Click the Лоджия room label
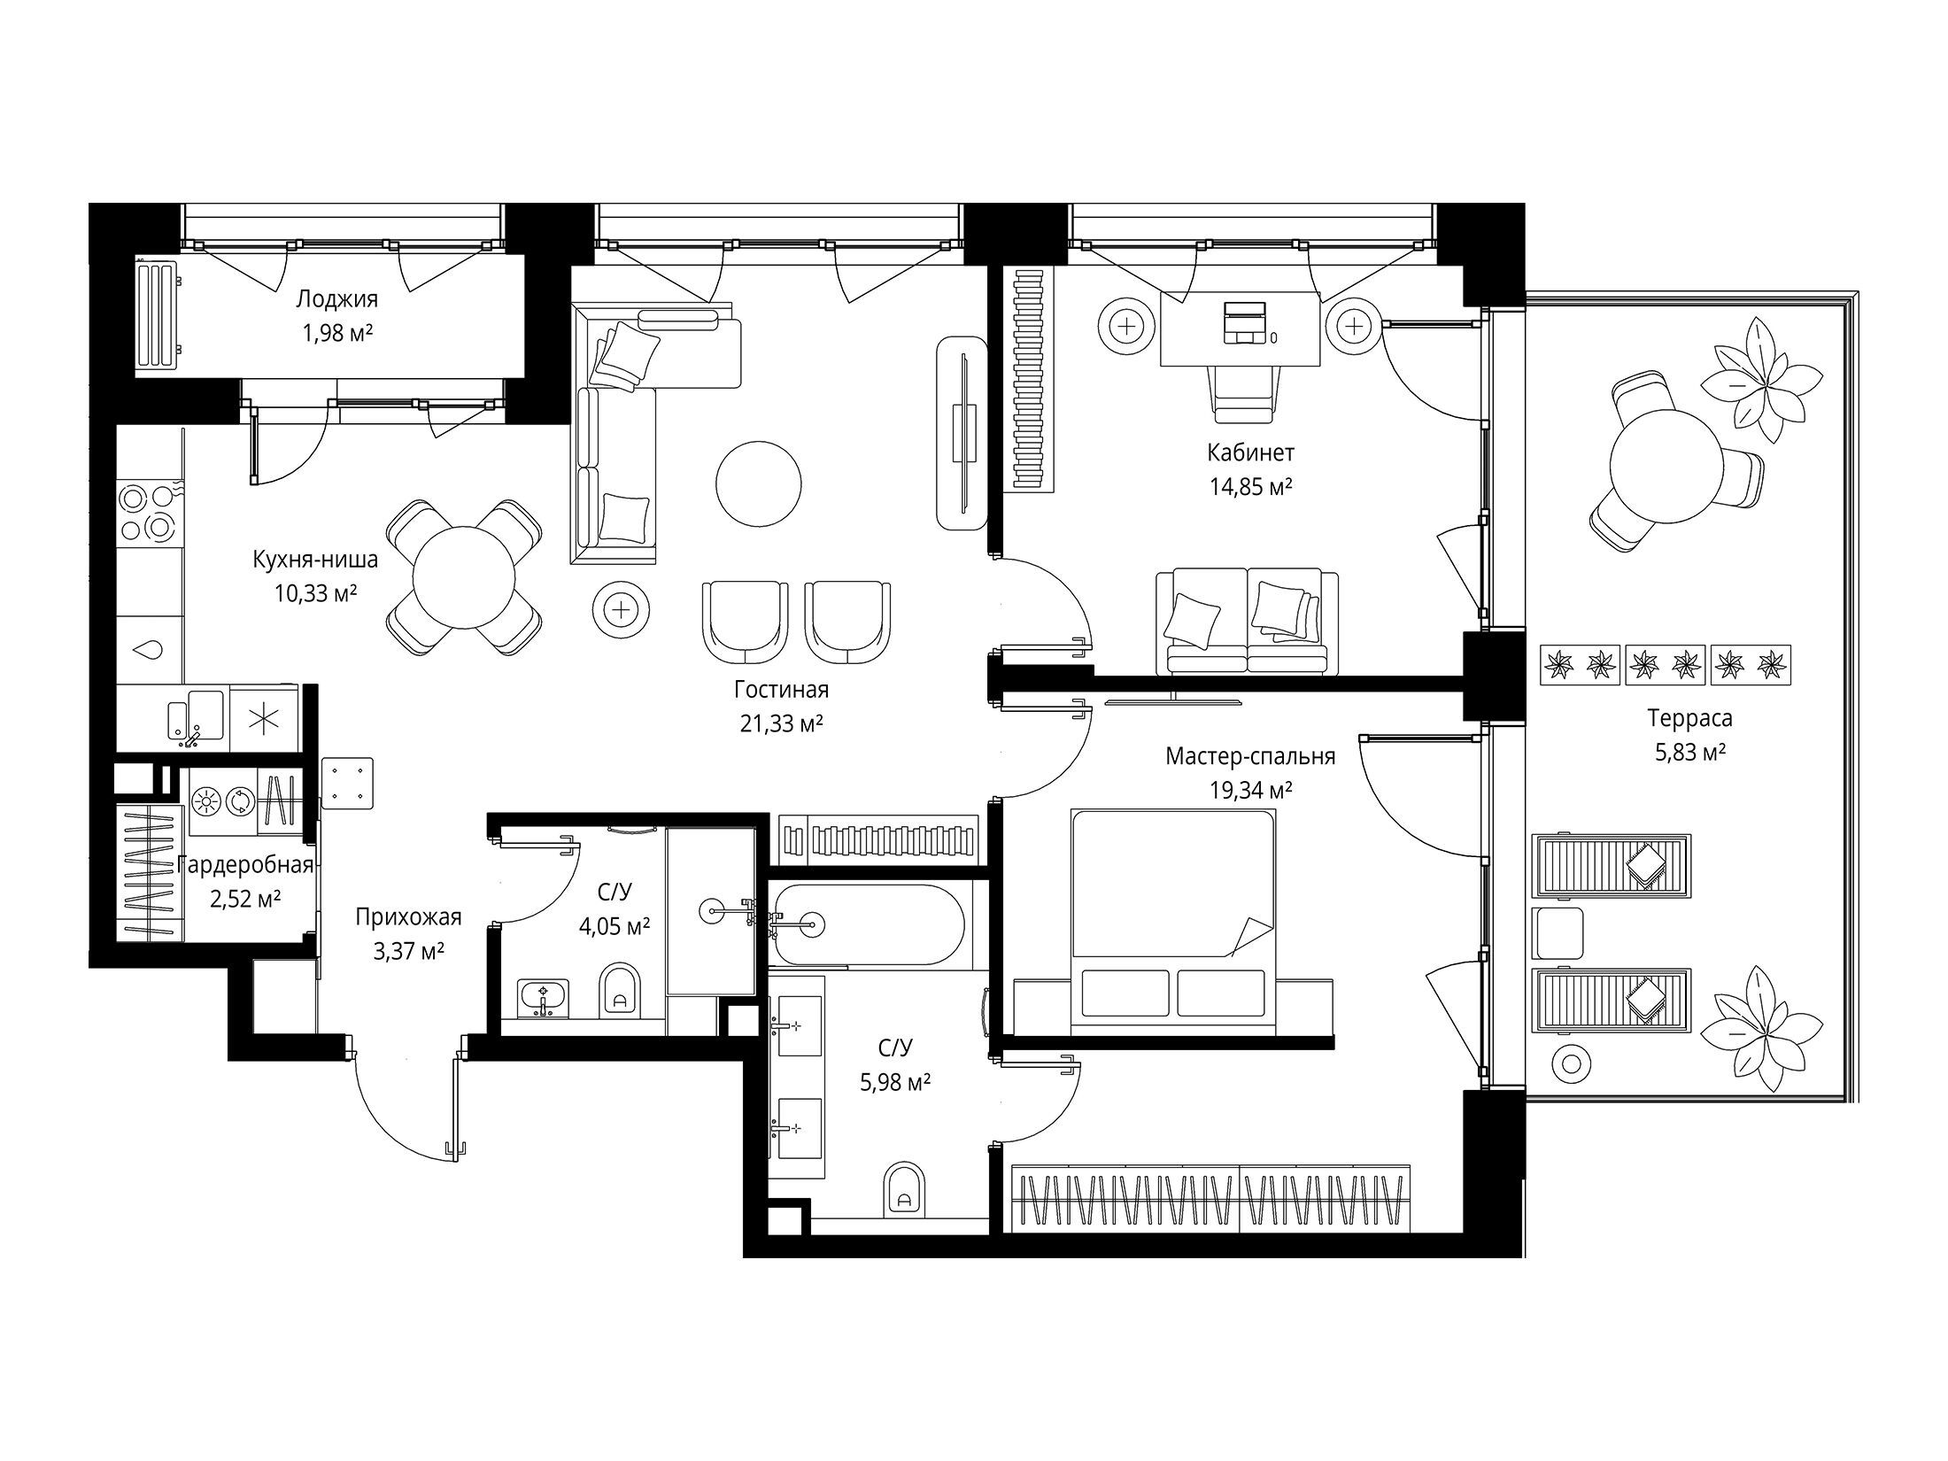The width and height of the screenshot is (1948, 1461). click(336, 299)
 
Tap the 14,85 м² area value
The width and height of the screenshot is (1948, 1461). click(1250, 487)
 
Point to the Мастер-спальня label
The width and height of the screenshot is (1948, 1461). click(1250, 756)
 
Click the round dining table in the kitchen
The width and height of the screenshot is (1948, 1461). click(464, 576)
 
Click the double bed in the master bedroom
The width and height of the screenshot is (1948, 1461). click(1172, 921)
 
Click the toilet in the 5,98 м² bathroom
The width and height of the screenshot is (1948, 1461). click(904, 1188)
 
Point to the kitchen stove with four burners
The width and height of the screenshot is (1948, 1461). click(147, 512)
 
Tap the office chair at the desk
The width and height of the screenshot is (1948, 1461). click(1245, 394)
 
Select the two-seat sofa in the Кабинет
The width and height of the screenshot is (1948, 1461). click(1247, 622)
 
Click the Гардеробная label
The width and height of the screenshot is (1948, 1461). click(245, 865)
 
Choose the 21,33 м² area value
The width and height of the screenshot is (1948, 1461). click(782, 724)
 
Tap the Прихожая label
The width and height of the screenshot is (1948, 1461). click(408, 917)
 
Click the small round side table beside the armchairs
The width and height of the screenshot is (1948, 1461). click(622, 609)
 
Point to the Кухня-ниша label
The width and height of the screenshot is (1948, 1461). click(315, 560)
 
